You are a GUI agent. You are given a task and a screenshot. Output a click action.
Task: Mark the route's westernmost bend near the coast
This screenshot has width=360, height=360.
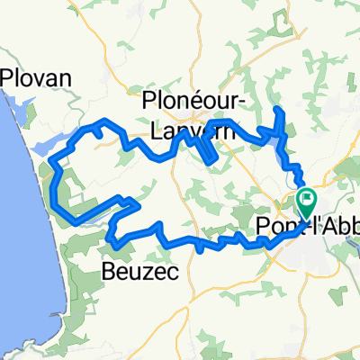click(55, 184)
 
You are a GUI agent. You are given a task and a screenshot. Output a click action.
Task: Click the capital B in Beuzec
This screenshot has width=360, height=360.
click(107, 269)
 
